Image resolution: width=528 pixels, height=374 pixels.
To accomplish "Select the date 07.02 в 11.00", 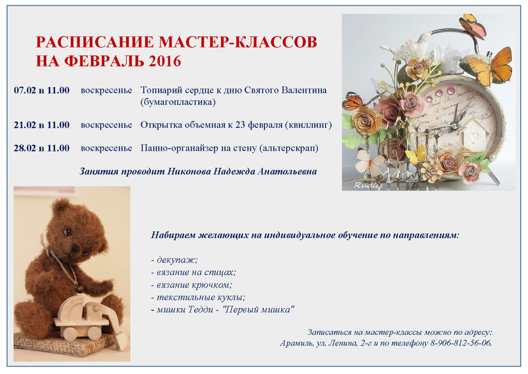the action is pos(42,91).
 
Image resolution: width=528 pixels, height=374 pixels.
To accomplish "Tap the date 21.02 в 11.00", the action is pos(42,125).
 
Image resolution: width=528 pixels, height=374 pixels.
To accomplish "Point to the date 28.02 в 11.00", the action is pos(42,149).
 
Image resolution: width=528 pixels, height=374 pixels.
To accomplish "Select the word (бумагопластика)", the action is pos(178,102).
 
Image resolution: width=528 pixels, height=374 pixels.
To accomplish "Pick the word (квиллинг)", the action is pos(308,125).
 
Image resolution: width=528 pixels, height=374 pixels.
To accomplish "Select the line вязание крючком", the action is pos(191,285).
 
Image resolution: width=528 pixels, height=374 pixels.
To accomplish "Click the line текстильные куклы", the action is pos(198,297).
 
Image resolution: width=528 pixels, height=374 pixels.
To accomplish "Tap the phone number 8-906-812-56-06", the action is pos(461,344).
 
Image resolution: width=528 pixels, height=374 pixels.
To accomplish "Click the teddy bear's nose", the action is pos(75,248).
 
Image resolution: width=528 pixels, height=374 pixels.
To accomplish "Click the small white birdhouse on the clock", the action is pos(474,135).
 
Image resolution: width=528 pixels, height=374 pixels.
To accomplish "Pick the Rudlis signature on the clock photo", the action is pos(368,185).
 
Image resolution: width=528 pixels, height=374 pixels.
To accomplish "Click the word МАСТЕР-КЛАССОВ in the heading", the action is pos(238,42).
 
